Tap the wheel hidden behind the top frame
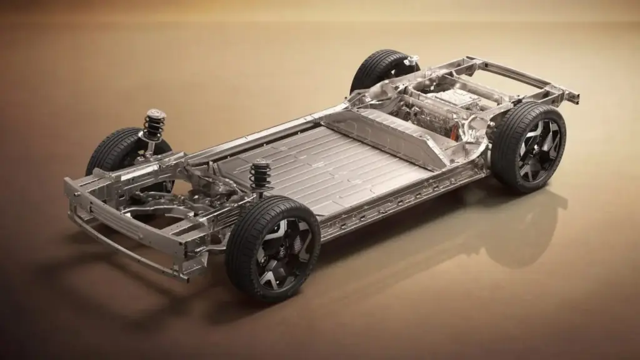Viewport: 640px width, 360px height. point(380,69)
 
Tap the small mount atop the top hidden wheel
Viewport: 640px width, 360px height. point(411,60)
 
